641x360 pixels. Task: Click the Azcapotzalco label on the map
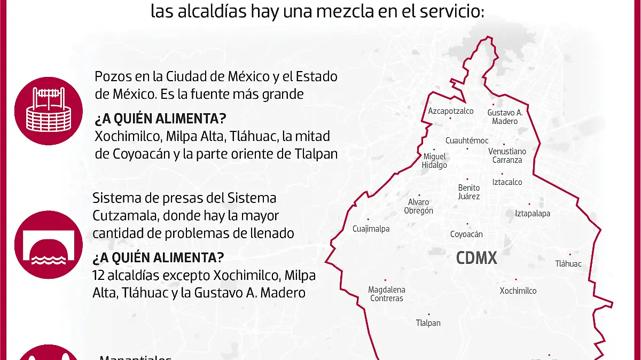pos(451,111)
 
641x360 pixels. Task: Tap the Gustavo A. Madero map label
pos(504,117)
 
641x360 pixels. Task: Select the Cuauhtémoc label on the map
pos(467,140)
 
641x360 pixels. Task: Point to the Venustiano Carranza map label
pos(507,155)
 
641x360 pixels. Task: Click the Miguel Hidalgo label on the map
pos(434,161)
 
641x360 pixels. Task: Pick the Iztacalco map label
pos(507,182)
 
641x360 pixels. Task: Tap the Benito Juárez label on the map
pos(469,192)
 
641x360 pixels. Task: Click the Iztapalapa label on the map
pos(532,214)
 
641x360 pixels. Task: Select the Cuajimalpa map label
pos(371,229)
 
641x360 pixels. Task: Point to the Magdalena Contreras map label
pos(387,294)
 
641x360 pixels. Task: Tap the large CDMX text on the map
pos(476,259)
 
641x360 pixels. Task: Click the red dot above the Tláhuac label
pos(570,255)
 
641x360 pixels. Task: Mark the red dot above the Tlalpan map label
pos(428,315)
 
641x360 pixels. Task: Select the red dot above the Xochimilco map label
pos(516,279)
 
